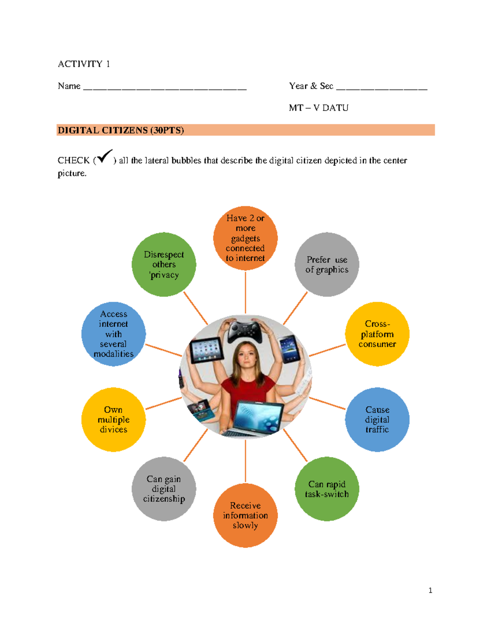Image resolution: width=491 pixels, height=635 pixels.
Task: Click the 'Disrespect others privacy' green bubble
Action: pos(164,265)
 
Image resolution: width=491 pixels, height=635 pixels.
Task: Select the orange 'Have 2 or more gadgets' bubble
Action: pos(245,238)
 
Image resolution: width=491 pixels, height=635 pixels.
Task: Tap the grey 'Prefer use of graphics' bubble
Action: pos(327,265)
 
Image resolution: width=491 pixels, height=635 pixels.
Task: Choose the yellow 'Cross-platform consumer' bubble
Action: pos(377,334)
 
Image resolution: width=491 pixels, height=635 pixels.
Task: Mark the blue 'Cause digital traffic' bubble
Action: pos(377,420)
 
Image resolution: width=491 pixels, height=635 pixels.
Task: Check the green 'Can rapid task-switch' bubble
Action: pos(327,489)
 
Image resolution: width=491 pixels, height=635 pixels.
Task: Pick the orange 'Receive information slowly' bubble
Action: pos(245,515)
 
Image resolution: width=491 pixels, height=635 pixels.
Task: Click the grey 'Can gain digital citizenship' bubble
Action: pos(164,489)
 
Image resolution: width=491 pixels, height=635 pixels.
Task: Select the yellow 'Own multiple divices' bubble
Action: pos(113,420)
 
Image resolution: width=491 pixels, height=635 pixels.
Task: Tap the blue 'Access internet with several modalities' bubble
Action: pos(113,334)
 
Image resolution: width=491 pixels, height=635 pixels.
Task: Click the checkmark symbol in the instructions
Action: pos(105,157)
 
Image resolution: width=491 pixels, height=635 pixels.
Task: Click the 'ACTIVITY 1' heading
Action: pos(84,64)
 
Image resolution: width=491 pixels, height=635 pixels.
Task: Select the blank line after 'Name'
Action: pos(164,87)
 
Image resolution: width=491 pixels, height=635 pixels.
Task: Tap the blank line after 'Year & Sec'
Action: pos(381,87)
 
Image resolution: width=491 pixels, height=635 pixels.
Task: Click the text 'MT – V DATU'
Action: pos(319,108)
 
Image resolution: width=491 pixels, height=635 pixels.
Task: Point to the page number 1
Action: pos(430,590)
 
